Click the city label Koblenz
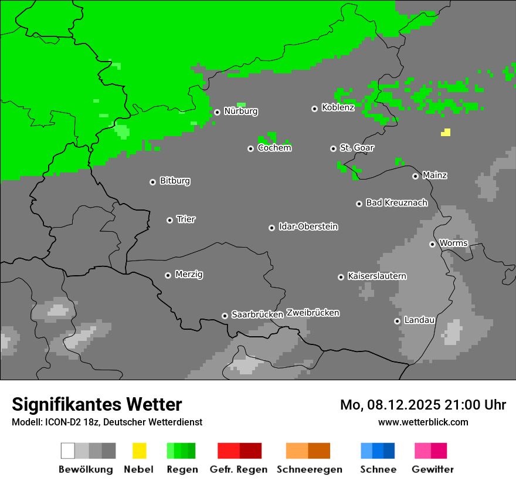tap(338, 107)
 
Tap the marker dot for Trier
tap(169, 220)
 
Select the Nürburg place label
tap(240, 111)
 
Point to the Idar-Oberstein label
tap(308, 226)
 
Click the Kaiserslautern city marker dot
tap(341, 277)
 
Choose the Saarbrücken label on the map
tap(257, 314)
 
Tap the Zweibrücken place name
tap(313, 313)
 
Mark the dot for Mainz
tap(415, 176)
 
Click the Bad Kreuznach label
tap(396, 202)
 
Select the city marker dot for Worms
tap(432, 244)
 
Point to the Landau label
tap(419, 320)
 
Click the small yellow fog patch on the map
tap(446, 133)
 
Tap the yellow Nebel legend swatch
tap(139, 451)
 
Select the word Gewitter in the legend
tap(432, 469)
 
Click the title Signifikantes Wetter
tap(97, 404)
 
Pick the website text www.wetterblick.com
tap(423, 422)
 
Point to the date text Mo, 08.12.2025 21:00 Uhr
tap(423, 405)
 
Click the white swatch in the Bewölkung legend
tap(68, 451)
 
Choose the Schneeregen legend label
tap(309, 469)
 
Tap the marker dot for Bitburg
tap(152, 182)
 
